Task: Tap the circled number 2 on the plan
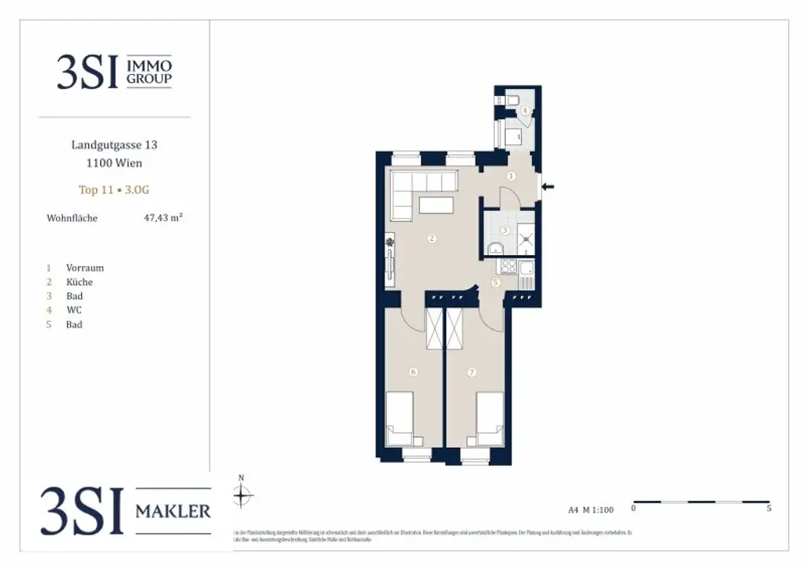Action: click(x=431, y=239)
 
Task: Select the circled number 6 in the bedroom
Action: click(x=411, y=372)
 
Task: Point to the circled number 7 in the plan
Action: click(x=472, y=372)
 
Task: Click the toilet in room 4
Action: click(x=511, y=100)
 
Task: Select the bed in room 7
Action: click(x=489, y=418)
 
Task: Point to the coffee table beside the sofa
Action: click(x=436, y=205)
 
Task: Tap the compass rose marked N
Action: click(x=242, y=495)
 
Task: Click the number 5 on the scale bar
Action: click(x=768, y=509)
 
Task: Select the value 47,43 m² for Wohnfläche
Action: click(x=163, y=218)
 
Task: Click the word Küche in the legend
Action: click(x=79, y=282)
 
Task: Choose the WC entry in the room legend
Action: click(x=73, y=310)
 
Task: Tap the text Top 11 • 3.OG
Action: click(x=114, y=190)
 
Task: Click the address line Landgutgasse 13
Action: click(x=114, y=145)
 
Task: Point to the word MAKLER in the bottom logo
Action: click(x=173, y=512)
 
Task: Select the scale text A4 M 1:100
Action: click(x=590, y=509)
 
